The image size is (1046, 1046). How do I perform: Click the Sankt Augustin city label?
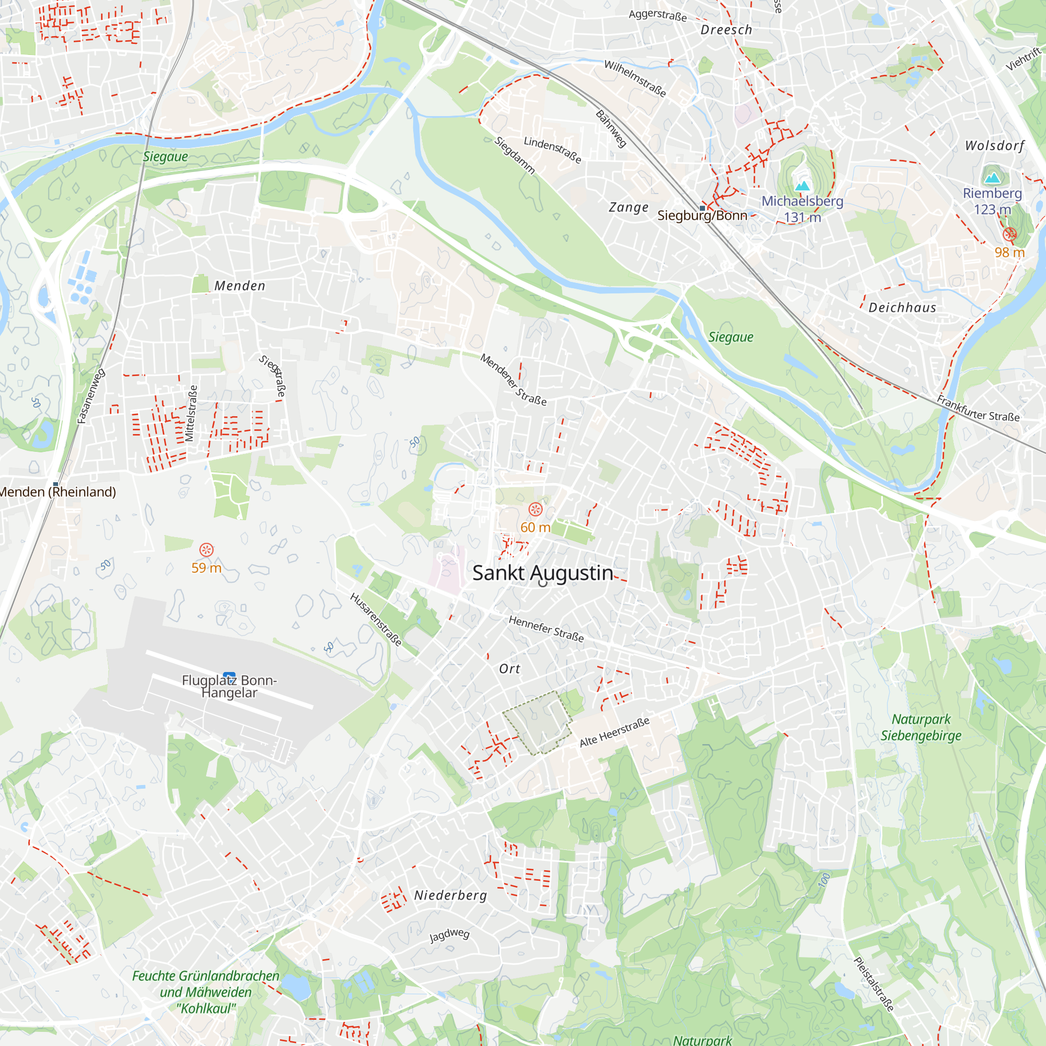click(542, 573)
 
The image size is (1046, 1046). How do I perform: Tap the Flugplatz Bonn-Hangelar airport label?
click(229, 686)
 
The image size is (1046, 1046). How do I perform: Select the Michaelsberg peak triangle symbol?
click(802, 186)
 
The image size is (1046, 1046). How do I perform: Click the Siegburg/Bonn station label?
click(702, 215)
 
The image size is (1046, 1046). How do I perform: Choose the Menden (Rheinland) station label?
click(58, 492)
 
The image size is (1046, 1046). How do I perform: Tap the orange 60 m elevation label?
click(535, 527)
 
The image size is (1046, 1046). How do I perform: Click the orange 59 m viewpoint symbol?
click(206, 550)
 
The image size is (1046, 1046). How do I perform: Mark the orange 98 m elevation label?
click(1009, 252)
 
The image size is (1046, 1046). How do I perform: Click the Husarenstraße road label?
click(376, 619)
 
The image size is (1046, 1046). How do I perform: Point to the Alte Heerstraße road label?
click(614, 732)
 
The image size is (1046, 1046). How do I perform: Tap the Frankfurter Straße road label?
click(978, 409)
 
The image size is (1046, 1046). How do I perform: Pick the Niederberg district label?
click(450, 895)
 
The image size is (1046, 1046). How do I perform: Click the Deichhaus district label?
click(902, 308)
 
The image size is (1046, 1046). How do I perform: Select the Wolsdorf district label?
click(995, 145)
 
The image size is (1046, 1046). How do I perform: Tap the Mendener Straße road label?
click(513, 380)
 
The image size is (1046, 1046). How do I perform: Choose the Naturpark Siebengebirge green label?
click(920, 727)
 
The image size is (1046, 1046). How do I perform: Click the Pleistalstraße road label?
click(873, 984)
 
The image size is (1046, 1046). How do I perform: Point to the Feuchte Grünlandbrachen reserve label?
click(206, 992)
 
